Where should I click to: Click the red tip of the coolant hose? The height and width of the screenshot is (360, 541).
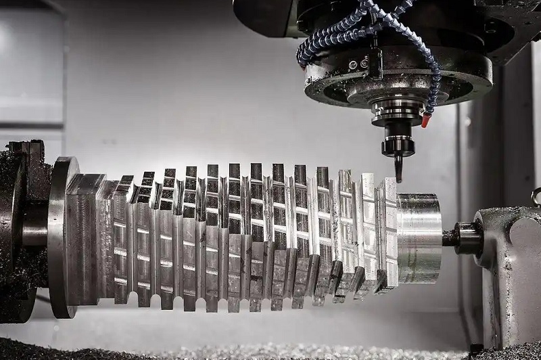425,121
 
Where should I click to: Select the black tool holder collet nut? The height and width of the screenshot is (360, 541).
398,145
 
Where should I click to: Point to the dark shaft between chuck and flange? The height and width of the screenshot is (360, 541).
35,233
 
